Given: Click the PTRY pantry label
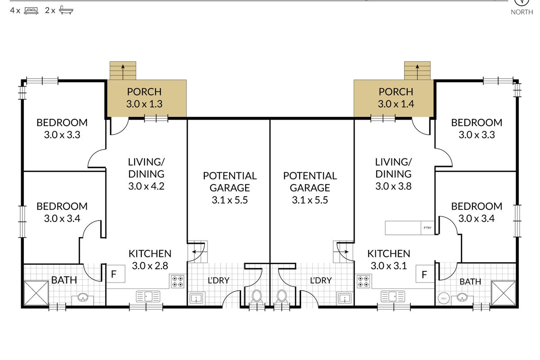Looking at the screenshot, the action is (427, 228).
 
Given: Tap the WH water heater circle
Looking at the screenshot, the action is (444, 298).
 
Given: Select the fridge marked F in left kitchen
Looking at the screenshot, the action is (116, 274).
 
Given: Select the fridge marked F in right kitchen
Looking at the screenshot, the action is (425, 274).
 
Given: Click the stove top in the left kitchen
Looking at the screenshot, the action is (178, 281).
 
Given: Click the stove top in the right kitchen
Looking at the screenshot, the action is (364, 281).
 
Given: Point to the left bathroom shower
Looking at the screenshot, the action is (36, 293).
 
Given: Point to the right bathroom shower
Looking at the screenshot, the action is (504, 293).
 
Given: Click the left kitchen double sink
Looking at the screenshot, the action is (148, 297).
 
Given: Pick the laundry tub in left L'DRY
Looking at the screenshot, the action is (197, 298).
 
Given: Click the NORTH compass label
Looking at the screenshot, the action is (522, 12).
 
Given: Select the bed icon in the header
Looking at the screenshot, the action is (31, 11).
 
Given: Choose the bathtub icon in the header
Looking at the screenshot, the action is (66, 10).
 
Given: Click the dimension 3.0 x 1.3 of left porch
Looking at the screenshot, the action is (144, 104).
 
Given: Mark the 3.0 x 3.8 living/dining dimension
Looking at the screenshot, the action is (393, 186).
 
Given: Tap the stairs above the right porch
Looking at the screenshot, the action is (417, 71).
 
